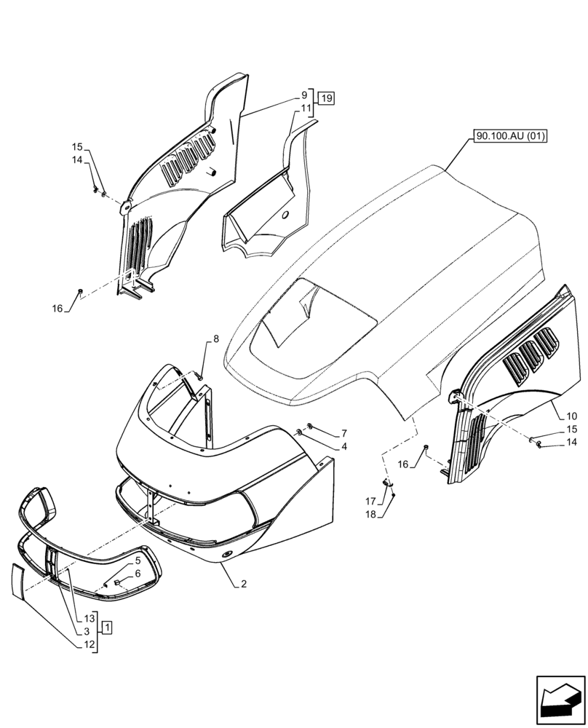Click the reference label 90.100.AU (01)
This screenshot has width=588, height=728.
[510, 136]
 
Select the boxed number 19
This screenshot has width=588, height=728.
[325, 99]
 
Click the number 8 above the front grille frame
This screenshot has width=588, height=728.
[215, 339]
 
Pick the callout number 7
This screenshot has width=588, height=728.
[343, 433]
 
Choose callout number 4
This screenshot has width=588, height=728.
[343, 446]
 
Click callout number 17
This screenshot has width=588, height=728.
[370, 502]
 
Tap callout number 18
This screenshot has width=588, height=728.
[370, 514]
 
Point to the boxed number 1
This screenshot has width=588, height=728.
[107, 626]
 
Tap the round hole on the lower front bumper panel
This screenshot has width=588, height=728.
[224, 556]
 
